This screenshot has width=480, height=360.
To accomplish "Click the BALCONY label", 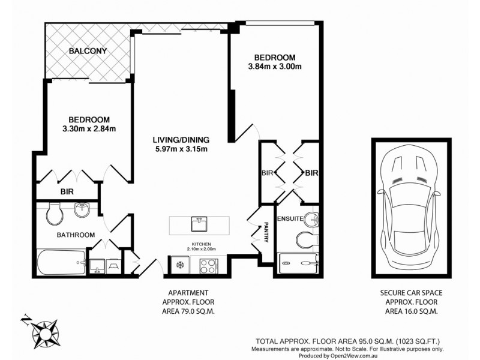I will (x=88, y=51).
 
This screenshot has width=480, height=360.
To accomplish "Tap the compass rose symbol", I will (x=44, y=331).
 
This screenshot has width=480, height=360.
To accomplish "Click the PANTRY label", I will (x=265, y=233).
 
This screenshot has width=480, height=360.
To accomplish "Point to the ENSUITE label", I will (x=289, y=220).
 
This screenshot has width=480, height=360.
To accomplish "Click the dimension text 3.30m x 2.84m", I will (x=89, y=128).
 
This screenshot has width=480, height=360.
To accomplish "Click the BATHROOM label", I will (x=76, y=235).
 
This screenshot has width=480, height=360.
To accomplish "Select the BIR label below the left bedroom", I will (x=67, y=192).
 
